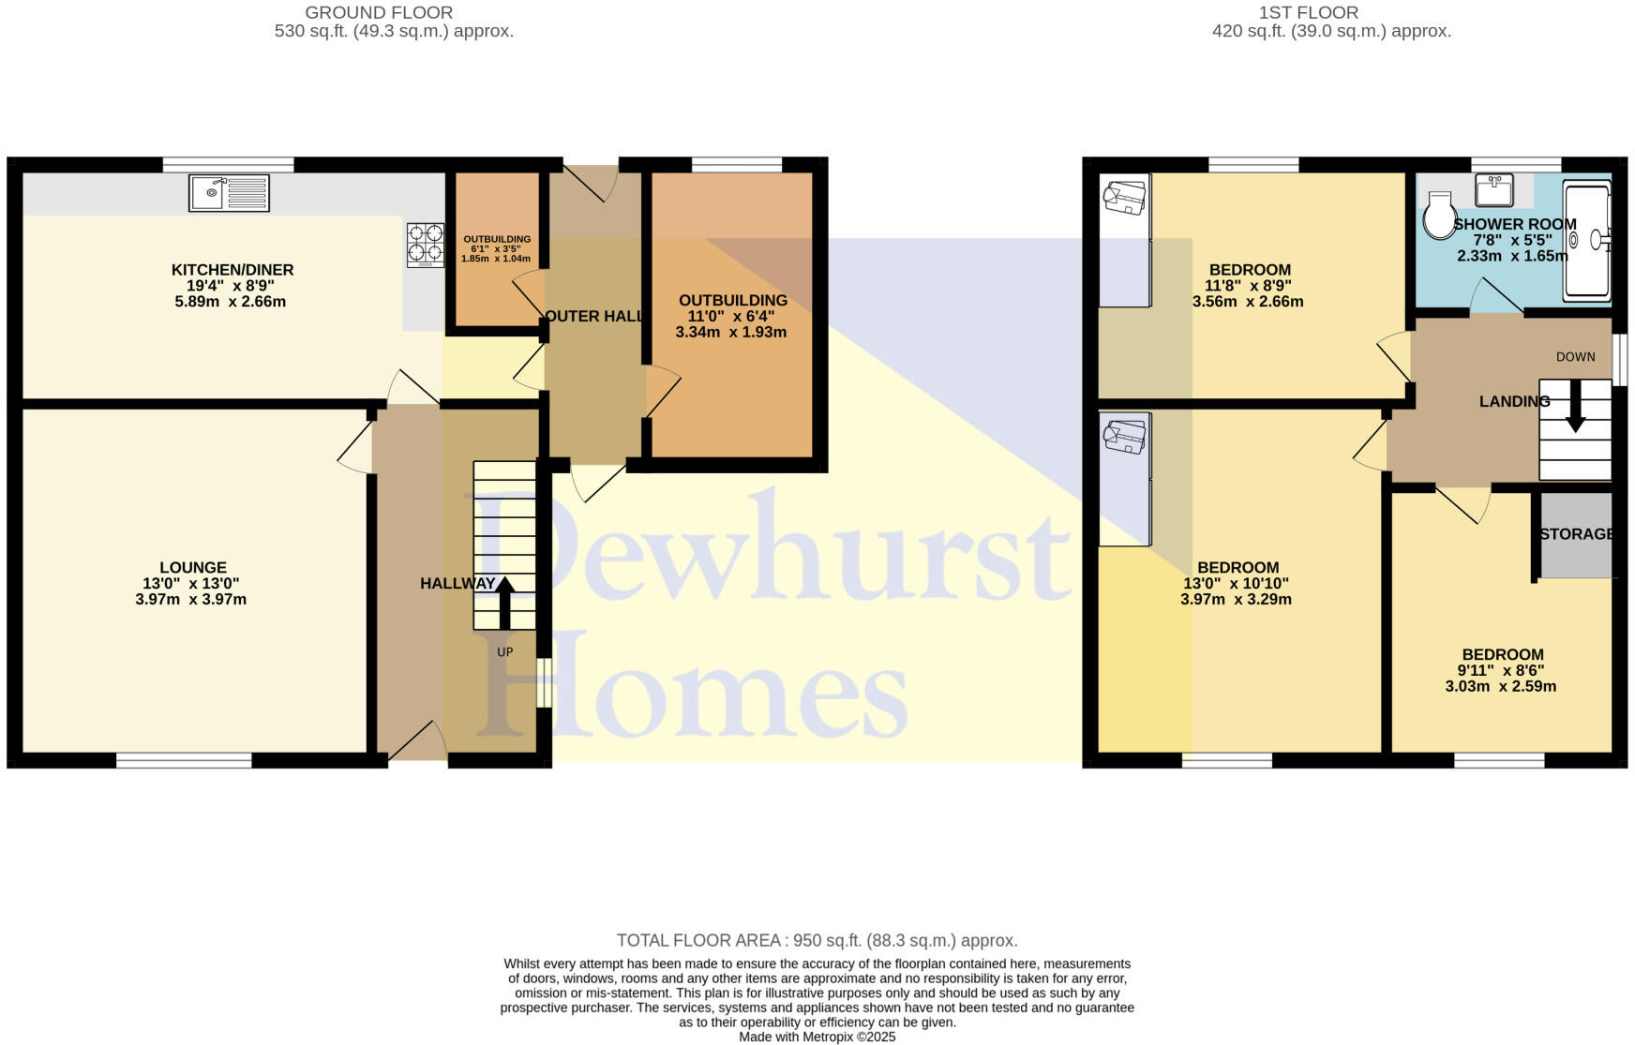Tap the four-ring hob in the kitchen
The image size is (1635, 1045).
click(x=425, y=244)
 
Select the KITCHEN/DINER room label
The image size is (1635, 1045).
click(x=232, y=270)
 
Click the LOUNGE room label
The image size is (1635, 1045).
click(x=193, y=567)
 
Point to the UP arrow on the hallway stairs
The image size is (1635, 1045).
click(x=504, y=602)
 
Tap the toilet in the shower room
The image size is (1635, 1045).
click(x=1438, y=217)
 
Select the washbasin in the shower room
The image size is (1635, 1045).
click(x=1493, y=190)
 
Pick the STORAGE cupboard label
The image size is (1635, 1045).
click(x=1576, y=534)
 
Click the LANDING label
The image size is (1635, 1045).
click(x=1513, y=401)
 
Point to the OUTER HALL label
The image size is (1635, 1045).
click(x=595, y=317)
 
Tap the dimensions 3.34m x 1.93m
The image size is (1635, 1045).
click(x=730, y=333)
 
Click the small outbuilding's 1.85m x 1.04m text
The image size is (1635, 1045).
click(x=496, y=260)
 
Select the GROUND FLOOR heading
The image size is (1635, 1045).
click(x=379, y=13)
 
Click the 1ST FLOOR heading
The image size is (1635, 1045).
click(x=1309, y=13)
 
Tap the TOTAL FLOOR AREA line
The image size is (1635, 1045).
click(x=817, y=940)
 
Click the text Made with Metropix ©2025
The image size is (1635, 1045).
click(x=817, y=1037)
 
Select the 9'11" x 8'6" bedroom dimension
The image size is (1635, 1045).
click(x=1500, y=670)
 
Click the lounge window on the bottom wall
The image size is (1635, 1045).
click(x=184, y=761)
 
